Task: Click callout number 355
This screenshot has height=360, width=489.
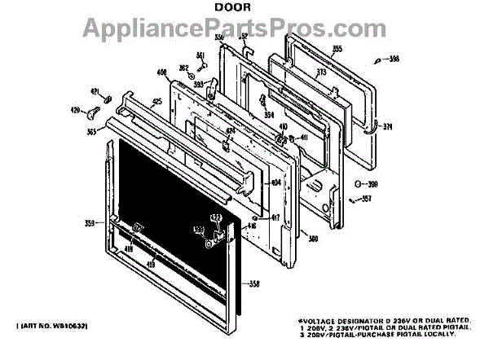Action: pyautogui.click(x=337, y=50)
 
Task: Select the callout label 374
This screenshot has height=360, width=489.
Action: pyautogui.click(x=388, y=126)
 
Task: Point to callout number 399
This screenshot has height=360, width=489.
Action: pyautogui.click(x=375, y=184)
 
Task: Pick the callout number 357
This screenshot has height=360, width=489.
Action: pyautogui.click(x=366, y=199)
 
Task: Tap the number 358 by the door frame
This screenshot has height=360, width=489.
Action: pyautogui.click(x=254, y=283)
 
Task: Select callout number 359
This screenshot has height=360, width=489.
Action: pyautogui.click(x=90, y=222)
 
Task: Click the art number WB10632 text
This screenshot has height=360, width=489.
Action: pyautogui.click(x=55, y=326)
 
